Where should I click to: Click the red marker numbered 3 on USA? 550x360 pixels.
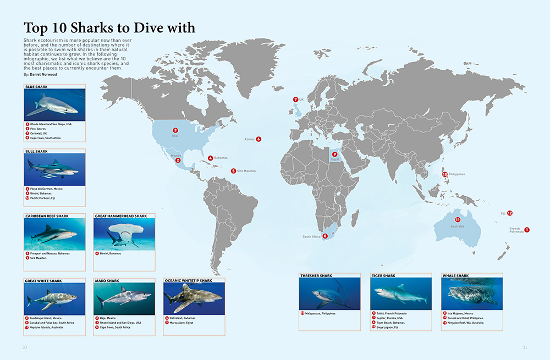click(x=175, y=130)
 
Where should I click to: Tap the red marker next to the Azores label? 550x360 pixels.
click(x=258, y=139)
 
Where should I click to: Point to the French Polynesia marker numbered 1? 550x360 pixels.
click(x=527, y=230)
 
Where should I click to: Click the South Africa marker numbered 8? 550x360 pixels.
click(x=325, y=236)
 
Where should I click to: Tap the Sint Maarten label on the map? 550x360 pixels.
click(x=246, y=171)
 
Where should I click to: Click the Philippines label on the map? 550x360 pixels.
click(x=457, y=174)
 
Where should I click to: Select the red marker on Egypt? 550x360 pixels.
click(x=334, y=154)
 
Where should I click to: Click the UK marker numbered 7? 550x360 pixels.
click(x=295, y=99)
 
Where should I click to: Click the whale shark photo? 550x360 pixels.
click(x=472, y=294)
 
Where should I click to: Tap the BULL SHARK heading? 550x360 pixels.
click(x=37, y=151)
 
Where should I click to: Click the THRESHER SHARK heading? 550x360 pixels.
click(x=316, y=275)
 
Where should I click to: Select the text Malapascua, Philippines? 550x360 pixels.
click(x=320, y=313)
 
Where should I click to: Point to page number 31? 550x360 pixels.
click(x=525, y=347)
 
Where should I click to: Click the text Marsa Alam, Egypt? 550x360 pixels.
click(x=182, y=323)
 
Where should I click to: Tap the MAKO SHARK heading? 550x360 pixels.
click(x=107, y=281)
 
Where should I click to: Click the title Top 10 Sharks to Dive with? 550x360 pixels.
click(x=109, y=27)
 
